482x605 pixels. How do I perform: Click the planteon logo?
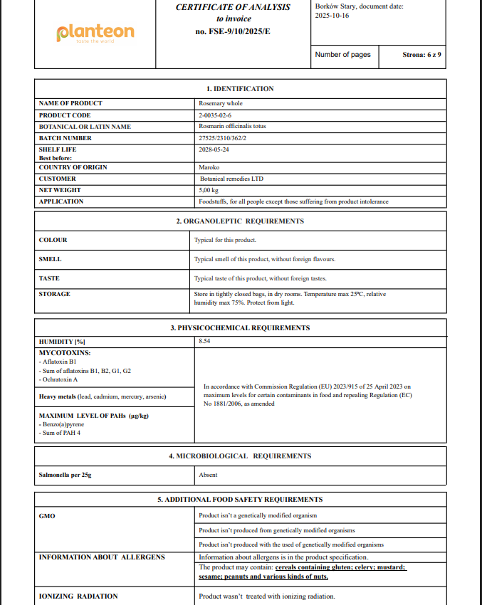[95, 33]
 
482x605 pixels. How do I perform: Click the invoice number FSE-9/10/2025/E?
[233, 31]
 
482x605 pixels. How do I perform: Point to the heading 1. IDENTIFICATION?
[240, 89]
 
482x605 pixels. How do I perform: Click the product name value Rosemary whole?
[221, 103]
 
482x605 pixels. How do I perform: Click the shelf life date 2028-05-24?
[214, 149]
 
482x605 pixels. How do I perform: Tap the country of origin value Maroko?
[209, 167]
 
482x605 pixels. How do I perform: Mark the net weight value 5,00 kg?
[209, 190]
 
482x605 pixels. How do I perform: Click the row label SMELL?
[50, 260]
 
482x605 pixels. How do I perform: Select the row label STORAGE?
[54, 294]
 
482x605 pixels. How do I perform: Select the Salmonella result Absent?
[208, 475]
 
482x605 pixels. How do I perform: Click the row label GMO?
[46, 515]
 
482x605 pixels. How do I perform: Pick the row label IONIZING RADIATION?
[78, 596]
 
